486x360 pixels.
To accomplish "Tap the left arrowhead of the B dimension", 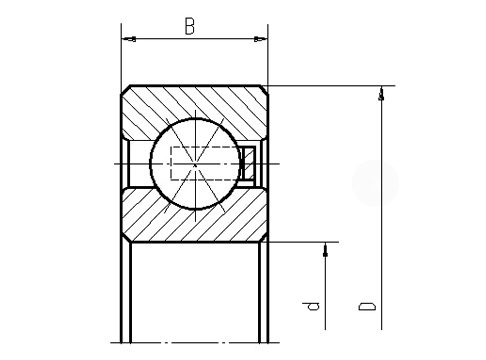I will click(127, 40).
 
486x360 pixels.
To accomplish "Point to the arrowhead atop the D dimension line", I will click(380, 94).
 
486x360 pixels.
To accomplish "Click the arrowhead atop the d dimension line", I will click(325, 249).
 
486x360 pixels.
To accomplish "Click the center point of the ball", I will click(194, 163).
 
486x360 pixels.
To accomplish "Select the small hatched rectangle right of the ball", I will click(250, 163).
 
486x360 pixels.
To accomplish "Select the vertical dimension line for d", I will click(325, 290).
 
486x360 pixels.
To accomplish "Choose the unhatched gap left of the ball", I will click(135, 163).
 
